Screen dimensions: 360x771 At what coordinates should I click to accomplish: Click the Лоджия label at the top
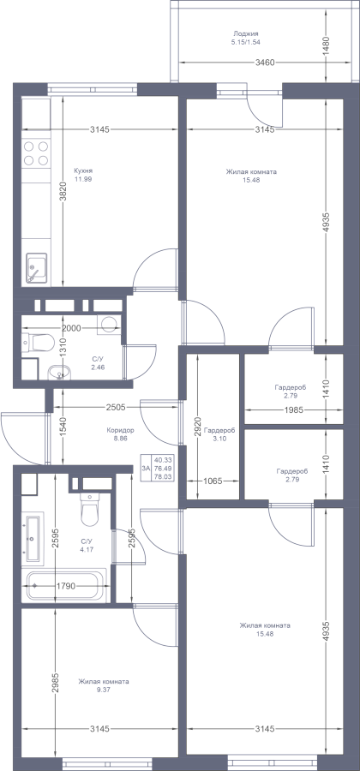coord(246,34)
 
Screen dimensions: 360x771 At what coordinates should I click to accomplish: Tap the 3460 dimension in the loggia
coord(265,63)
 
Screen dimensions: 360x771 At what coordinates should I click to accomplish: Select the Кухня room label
coord(83,170)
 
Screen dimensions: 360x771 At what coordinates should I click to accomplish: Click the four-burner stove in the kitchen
coord(36,153)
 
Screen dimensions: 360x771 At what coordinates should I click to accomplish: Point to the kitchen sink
coord(36,268)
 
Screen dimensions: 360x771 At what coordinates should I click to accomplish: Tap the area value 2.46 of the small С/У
coord(98,367)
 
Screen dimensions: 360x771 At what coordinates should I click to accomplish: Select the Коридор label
coord(121,430)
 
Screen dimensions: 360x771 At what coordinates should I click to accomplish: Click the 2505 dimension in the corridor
coord(116,407)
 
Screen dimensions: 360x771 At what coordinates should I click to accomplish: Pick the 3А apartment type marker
coord(146,468)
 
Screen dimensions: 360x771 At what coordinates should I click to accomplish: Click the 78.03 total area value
coord(163,477)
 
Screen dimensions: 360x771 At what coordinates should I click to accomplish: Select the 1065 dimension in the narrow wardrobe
coord(212,481)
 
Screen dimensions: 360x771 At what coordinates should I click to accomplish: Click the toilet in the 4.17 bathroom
coord(89,510)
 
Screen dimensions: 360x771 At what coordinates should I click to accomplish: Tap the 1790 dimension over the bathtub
coord(65,586)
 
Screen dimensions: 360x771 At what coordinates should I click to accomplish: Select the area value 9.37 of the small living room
coord(103,690)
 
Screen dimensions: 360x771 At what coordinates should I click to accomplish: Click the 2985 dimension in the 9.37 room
coord(55,683)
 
